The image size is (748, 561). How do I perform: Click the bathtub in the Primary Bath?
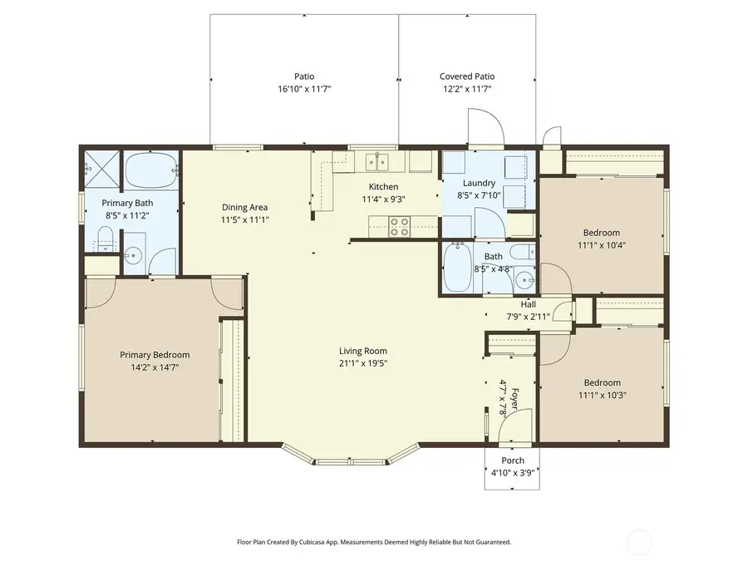(x=150, y=170)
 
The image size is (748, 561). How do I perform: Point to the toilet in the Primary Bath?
(x=104, y=244)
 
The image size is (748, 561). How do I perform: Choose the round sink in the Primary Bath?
(x=133, y=256)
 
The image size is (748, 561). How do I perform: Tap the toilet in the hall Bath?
(x=522, y=254)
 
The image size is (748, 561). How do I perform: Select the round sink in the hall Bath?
(x=524, y=280)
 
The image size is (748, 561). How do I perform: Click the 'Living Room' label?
(x=362, y=351)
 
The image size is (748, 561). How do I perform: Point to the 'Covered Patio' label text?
(x=466, y=76)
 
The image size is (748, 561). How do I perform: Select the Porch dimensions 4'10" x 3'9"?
(x=512, y=472)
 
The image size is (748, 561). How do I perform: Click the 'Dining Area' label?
(x=244, y=208)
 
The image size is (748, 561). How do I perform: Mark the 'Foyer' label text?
(x=514, y=396)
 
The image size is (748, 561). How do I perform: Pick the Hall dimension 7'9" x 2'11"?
(x=528, y=316)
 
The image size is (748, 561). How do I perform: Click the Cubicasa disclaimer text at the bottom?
(x=374, y=542)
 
